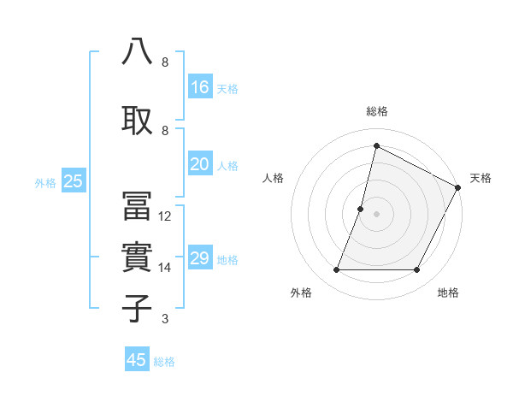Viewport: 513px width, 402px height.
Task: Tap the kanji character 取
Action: point(138,120)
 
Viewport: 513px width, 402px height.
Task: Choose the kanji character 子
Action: point(138,308)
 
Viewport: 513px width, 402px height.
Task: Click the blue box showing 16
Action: point(200,87)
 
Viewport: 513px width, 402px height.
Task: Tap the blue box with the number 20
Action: point(200,165)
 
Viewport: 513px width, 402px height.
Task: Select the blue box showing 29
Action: point(200,258)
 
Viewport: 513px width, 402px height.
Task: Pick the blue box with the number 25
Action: point(73,180)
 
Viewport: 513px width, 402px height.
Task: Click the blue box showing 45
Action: point(137,360)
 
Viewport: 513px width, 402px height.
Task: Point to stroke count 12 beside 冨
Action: point(165,216)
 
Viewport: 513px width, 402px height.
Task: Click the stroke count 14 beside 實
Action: point(165,268)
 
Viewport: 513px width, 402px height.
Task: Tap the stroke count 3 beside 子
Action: point(164,319)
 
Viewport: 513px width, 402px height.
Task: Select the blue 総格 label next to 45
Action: point(164,362)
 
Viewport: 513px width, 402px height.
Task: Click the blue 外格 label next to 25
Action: point(45,182)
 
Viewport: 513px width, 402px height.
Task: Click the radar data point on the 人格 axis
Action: point(361,209)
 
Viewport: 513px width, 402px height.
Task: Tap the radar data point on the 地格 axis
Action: point(417,270)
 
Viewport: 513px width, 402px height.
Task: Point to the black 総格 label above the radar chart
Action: point(377,111)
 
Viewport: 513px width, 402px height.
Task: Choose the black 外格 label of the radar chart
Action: point(301,293)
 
